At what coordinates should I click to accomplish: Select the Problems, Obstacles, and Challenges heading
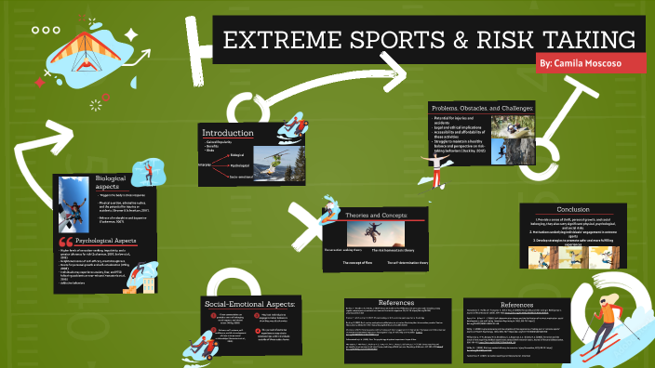[x=482, y=109]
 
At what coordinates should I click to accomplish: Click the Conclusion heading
[x=573, y=208]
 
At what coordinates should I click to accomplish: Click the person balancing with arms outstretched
[x=434, y=164]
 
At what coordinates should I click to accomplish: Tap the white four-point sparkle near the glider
[x=131, y=35]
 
